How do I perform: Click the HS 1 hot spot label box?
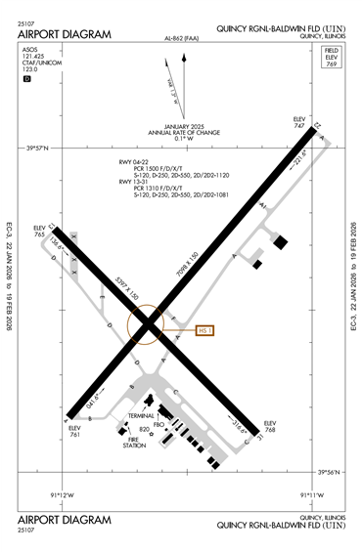[x=204, y=330]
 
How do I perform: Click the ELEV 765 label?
[x=39, y=232]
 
